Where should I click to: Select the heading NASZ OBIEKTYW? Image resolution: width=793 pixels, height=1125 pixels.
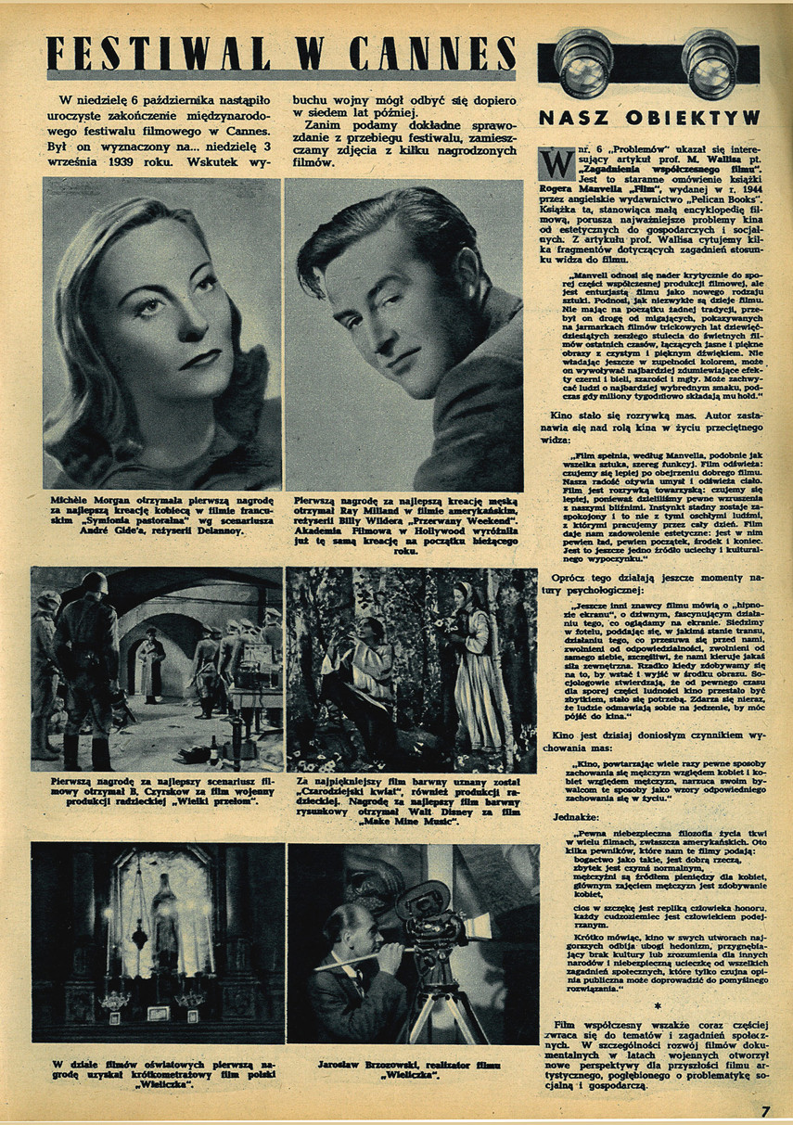click(x=649, y=118)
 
